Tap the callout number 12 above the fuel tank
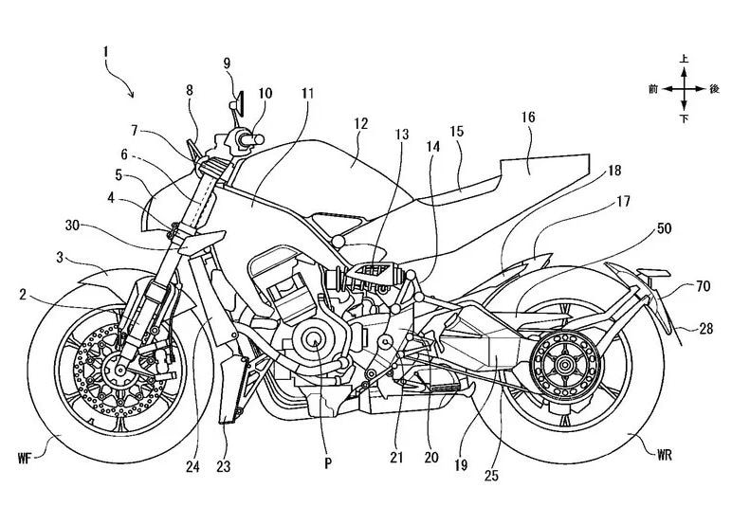(x=358, y=124)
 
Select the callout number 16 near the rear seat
(x=528, y=118)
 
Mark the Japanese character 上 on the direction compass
(x=685, y=59)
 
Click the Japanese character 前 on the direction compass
(x=653, y=88)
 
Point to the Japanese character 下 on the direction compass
(x=685, y=118)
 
